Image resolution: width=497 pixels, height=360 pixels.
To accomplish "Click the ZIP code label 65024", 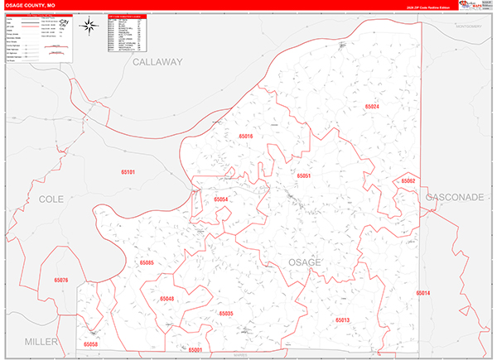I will coord(372,107).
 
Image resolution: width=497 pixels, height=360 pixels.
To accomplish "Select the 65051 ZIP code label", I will coord(303,176).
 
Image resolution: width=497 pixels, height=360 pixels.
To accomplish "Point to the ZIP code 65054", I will coord(220,199).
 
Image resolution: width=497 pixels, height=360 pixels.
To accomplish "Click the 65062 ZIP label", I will coord(408,180).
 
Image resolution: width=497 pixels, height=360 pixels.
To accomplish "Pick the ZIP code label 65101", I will coord(128,172).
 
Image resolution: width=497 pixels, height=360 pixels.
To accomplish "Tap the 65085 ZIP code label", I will coord(147,262).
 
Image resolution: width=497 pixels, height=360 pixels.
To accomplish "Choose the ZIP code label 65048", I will coord(167,299).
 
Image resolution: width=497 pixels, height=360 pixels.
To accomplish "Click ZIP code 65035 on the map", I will coord(225,314).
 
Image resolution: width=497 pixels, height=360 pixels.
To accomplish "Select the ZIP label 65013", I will coord(343,319).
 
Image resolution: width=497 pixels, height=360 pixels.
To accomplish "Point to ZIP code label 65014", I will coord(423,294).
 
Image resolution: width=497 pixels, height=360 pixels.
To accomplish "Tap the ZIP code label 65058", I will coord(90,343).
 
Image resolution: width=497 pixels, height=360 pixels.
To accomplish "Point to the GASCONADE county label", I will coord(455,199).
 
